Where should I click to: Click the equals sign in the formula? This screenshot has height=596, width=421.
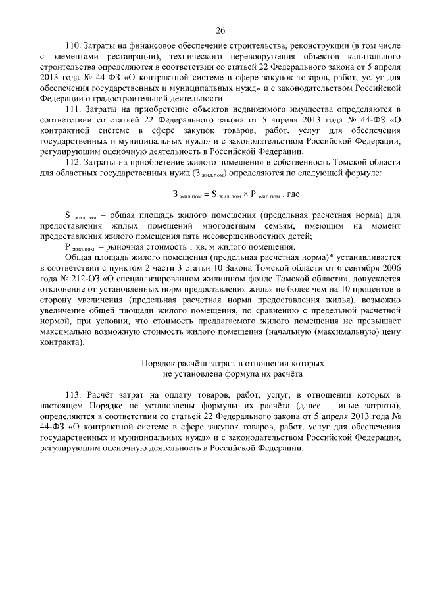(205, 194)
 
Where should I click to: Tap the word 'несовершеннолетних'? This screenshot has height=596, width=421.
(247, 237)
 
